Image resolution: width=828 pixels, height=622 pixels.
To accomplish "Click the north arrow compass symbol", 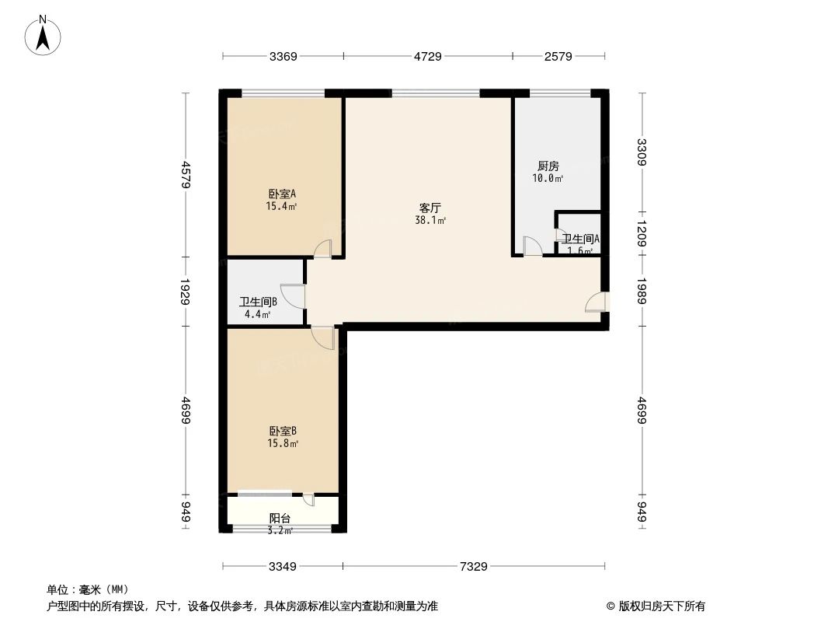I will click(43, 34).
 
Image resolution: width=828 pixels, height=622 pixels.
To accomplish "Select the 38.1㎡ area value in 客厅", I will click(430, 221).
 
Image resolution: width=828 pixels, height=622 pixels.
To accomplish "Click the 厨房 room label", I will click(548, 166).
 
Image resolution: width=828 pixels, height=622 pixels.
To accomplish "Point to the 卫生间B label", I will click(258, 302).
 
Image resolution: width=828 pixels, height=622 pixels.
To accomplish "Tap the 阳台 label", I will click(280, 519).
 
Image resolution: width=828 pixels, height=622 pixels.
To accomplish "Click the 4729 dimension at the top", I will click(427, 56).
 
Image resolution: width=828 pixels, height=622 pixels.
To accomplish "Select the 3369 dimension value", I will click(284, 56).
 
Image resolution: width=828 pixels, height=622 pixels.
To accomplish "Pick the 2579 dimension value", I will click(558, 56).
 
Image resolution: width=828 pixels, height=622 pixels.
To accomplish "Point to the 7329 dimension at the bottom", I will click(473, 567).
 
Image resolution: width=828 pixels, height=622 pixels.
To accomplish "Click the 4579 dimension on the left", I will click(185, 175).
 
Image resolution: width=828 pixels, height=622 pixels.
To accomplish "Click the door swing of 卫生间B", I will click(294, 296).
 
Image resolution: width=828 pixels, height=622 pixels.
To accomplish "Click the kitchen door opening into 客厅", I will click(533, 246).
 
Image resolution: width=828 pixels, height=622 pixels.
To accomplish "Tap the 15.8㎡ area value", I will click(283, 443).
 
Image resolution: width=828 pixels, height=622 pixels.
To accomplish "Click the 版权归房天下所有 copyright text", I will click(656, 606).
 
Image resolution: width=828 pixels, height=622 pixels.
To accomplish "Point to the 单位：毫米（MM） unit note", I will click(88, 589).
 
